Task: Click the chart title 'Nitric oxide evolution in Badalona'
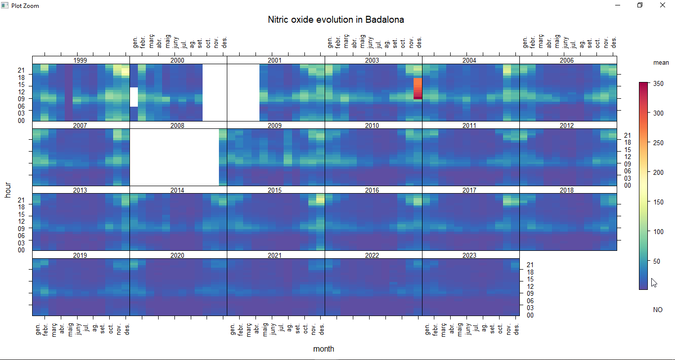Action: (336, 20)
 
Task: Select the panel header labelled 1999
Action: (80, 60)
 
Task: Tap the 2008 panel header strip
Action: (177, 125)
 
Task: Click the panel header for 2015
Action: (274, 190)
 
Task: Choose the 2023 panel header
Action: (469, 255)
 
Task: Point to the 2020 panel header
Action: (177, 255)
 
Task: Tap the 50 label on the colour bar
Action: (657, 261)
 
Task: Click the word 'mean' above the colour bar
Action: (661, 63)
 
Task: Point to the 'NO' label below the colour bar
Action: (658, 310)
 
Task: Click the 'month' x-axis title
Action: (324, 349)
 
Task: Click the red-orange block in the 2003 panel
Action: (418, 88)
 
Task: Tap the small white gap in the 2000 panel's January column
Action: (134, 97)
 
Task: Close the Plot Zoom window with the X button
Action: (663, 5)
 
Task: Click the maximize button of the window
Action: (640, 5)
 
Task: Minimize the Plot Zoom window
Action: (618, 5)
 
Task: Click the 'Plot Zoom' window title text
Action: (25, 6)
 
